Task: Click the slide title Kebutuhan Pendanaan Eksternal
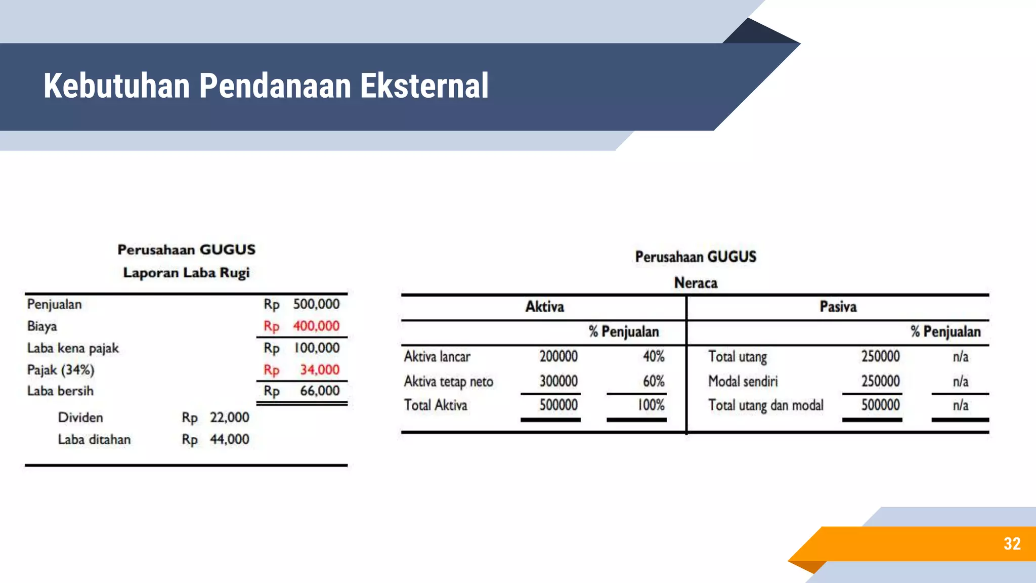[x=266, y=86]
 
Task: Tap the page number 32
[x=1012, y=544]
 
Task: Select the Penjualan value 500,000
[x=316, y=304]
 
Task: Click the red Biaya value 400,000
[x=316, y=326]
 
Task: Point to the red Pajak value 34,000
[x=320, y=370]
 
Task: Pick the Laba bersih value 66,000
[x=320, y=391]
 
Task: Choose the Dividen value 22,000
[x=230, y=418]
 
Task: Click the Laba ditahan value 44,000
[x=230, y=439]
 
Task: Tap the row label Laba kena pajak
[x=73, y=348]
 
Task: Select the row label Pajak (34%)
[x=61, y=370]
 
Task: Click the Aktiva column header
[x=544, y=307]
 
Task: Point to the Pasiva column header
[x=838, y=307]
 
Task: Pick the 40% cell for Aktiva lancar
[x=654, y=356]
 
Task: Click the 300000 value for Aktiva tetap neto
[x=558, y=381]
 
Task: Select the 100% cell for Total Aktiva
[x=651, y=405]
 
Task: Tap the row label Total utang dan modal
[x=765, y=405]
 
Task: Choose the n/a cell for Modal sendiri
[x=960, y=381]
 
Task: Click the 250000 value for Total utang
[x=880, y=356]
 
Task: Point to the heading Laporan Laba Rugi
[x=186, y=273]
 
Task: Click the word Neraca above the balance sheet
[x=696, y=283]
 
